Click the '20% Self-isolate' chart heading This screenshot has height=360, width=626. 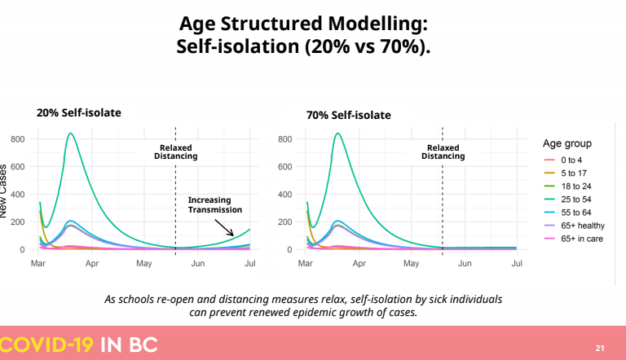click(78, 113)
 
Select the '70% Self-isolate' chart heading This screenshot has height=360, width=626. click(349, 116)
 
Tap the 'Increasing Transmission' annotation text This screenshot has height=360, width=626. click(215, 204)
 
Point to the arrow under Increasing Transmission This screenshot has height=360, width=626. click(224, 227)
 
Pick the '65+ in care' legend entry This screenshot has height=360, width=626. click(573, 239)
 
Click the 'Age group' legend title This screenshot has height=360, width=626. click(567, 143)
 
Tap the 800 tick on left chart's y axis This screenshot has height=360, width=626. click(18, 139)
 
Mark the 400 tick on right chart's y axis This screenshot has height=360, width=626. click(284, 195)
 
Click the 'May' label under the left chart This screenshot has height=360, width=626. click(144, 263)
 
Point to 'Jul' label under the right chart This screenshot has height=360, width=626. click(517, 263)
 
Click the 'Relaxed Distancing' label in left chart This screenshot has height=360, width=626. click(176, 152)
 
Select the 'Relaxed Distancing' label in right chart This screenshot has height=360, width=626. click(443, 152)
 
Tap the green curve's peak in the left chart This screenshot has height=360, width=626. click(71, 134)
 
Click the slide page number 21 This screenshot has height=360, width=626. click(600, 348)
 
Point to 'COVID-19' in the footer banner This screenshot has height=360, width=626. click(46, 345)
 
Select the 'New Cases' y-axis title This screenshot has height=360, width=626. click(3, 191)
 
